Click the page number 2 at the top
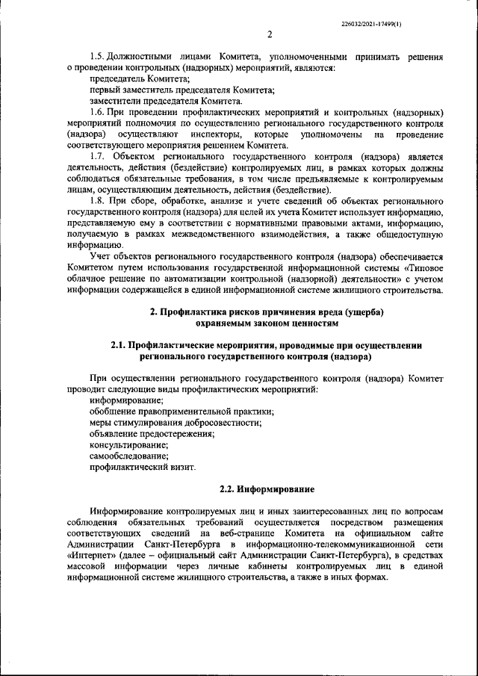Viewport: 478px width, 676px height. click(x=269, y=34)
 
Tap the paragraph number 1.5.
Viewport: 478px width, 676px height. click(x=97, y=57)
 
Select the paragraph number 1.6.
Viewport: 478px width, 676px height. click(x=97, y=110)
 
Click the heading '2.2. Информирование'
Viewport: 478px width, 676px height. click(x=267, y=489)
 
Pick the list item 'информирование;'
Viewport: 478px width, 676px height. click(x=121, y=401)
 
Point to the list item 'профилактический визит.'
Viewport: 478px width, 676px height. click(x=142, y=468)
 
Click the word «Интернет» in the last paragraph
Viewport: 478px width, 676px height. click(x=91, y=556)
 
